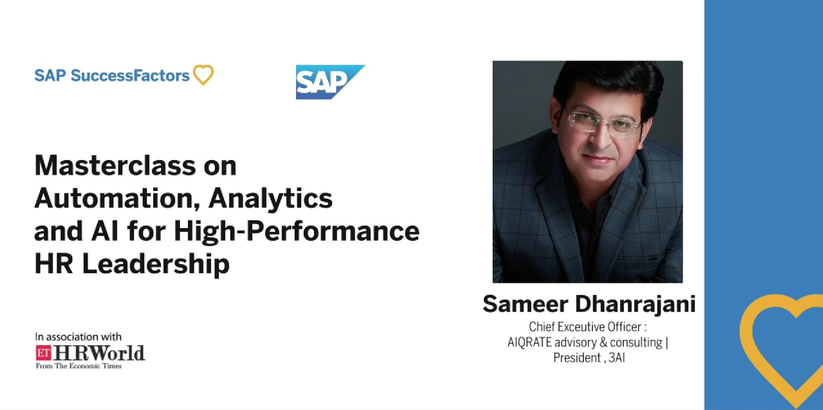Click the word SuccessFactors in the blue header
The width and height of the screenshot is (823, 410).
coord(130,75)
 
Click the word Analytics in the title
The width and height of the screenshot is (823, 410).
coord(270,199)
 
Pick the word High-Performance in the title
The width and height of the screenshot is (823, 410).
coord(297,232)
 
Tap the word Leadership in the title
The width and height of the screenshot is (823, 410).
coord(156,264)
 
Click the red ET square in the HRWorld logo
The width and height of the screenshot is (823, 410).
coord(43,353)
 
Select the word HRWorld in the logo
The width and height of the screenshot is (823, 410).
coord(99,353)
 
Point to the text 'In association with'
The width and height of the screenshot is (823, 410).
coord(78,337)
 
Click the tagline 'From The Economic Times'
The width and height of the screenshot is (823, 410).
coord(78,366)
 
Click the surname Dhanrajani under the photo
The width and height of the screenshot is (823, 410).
coord(635,305)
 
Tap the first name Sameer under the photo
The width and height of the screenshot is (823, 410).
coord(526,305)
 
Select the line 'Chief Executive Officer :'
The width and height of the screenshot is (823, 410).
coord(588,327)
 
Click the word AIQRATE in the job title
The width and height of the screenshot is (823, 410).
coord(529,342)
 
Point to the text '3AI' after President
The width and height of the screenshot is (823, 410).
coord(617,358)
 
